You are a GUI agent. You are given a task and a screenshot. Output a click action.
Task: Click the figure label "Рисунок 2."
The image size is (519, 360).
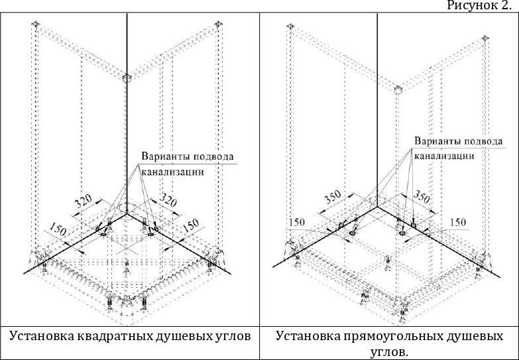482,6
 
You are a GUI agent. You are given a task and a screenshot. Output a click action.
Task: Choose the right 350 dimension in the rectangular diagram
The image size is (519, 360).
422,196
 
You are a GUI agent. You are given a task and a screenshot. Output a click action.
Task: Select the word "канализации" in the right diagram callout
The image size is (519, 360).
445,156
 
